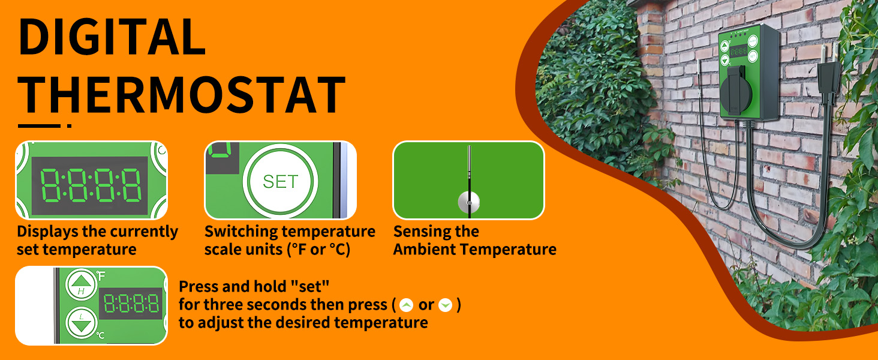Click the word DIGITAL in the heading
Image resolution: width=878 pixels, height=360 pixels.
coord(113,36)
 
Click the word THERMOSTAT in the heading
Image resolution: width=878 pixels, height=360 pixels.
coord(182,95)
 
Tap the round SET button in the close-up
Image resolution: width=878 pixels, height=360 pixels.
coord(280,182)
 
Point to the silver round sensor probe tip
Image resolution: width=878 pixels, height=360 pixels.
coord(469,202)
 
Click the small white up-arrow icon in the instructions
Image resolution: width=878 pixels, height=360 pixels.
coord(406,305)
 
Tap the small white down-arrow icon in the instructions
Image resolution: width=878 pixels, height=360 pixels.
coord(445,305)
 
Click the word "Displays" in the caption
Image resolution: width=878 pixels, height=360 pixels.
coord(47,232)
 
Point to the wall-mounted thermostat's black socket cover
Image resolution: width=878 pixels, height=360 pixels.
coord(736,92)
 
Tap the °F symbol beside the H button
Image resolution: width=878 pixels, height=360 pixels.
coord(101,276)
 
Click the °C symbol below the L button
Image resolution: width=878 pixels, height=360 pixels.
coord(100,335)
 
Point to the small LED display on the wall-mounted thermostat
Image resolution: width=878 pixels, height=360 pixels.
coord(738,52)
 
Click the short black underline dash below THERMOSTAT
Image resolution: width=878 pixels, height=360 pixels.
coord(39,126)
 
